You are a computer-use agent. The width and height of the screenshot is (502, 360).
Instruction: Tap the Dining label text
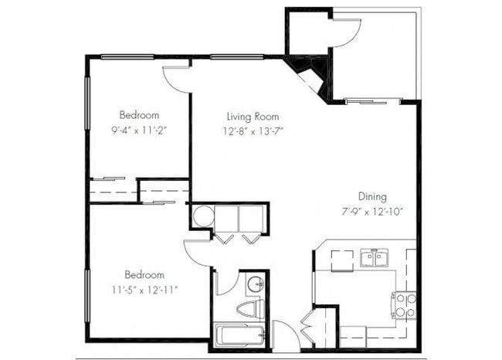(x=372, y=196)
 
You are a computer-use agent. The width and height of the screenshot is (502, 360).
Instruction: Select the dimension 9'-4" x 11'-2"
(x=140, y=130)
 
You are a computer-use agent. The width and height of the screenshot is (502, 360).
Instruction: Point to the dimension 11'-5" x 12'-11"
(x=145, y=290)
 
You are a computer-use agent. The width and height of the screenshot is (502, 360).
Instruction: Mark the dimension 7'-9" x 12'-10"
(x=372, y=211)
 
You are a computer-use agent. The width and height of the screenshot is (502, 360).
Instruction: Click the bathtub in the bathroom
(x=240, y=335)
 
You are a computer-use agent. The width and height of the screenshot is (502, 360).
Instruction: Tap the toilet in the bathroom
(x=248, y=310)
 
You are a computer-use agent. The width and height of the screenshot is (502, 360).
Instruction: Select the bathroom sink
(x=256, y=285)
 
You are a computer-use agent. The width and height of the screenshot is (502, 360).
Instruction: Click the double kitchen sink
(x=374, y=259)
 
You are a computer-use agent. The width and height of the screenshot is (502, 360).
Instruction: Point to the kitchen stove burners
(x=404, y=304)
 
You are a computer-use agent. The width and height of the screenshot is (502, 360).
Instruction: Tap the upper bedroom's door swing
(x=177, y=80)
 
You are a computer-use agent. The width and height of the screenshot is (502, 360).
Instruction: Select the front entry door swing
(x=285, y=337)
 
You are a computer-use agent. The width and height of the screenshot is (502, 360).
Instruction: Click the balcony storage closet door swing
(x=347, y=30)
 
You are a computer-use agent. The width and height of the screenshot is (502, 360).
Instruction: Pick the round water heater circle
(x=204, y=216)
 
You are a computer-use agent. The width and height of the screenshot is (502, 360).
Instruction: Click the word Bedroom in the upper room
(x=140, y=115)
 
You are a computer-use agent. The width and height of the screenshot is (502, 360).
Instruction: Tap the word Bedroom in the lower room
(x=145, y=275)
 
